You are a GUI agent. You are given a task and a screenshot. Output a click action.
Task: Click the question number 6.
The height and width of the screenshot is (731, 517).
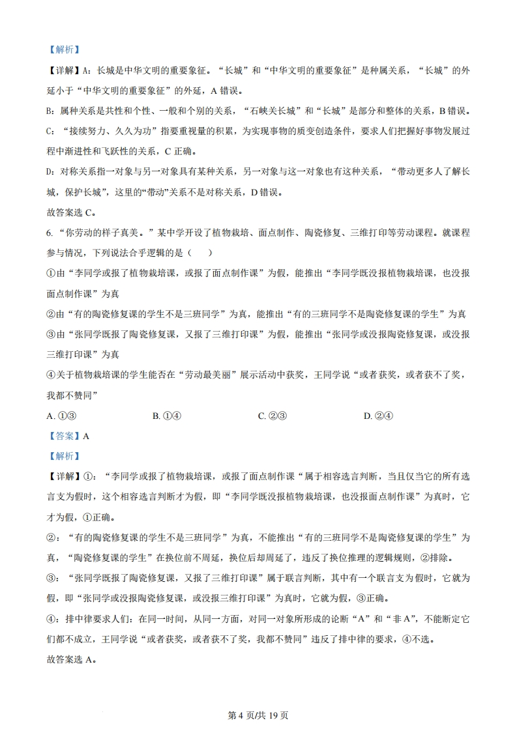tap(51, 233)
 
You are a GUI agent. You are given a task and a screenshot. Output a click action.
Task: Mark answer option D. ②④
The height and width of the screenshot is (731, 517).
tap(378, 416)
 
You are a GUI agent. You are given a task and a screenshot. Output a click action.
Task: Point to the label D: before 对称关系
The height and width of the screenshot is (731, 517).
tap(52, 171)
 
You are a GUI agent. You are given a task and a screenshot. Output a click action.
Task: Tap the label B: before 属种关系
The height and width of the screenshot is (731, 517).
tap(52, 111)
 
